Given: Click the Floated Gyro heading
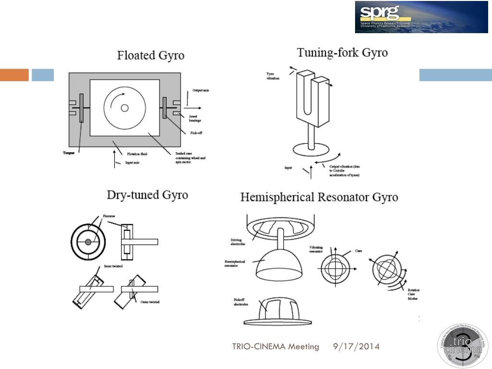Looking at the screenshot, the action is coord(150,55).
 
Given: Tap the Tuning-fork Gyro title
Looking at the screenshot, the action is coord(342,52).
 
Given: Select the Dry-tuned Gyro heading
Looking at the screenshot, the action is coord(147,195).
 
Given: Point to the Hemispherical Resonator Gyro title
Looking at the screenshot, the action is coord(319,197).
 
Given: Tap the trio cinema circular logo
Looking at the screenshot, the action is coord(462,346).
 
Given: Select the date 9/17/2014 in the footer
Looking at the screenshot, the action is coord(356,346).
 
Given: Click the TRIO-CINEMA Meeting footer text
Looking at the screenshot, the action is coord(275,346).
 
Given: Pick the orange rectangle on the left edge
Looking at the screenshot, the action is coord(14,75).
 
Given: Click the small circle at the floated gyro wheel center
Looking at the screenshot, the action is coord(124,108).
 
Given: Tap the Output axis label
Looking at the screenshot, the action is coord(201,90).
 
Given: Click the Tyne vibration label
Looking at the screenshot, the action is coord(273,76).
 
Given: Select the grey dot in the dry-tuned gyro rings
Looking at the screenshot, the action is coord(88,243).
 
